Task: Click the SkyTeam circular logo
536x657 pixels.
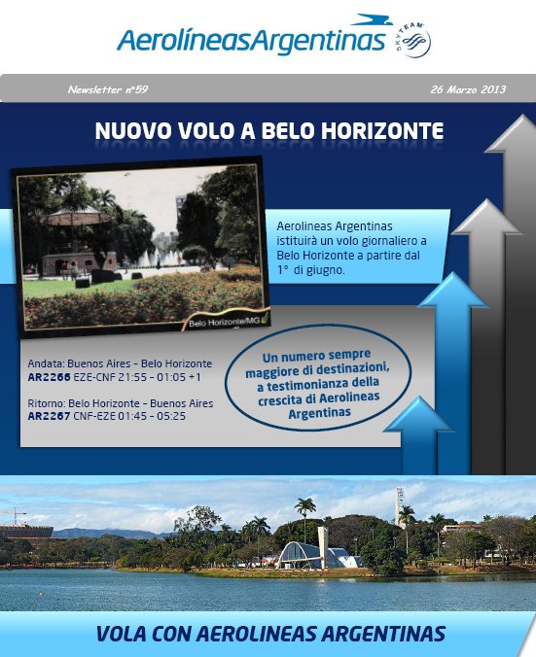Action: pos(412,40)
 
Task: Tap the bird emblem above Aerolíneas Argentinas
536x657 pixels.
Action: pos(372,19)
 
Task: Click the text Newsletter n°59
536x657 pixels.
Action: pos(108,89)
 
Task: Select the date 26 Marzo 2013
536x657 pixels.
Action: pos(468,89)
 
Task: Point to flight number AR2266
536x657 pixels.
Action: pos(49,377)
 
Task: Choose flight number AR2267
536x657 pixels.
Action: pos(49,416)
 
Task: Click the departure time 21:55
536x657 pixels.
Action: pos(132,377)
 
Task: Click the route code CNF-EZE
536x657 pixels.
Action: pos(94,416)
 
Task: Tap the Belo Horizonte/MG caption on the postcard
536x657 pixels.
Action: pos(225,323)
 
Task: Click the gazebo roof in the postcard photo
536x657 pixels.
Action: pos(79,217)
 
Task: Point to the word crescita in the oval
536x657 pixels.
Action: pos(280,400)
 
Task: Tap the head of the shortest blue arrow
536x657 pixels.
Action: pos(418,415)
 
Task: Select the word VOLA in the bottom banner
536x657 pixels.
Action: pos(122,634)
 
